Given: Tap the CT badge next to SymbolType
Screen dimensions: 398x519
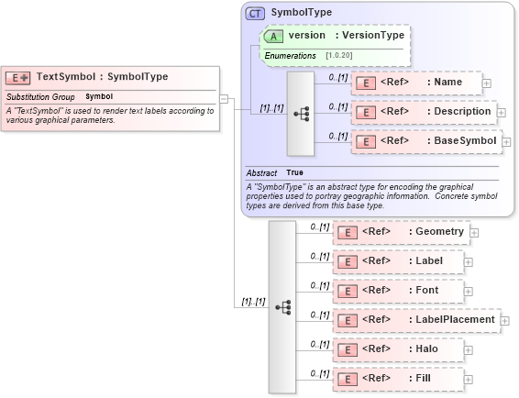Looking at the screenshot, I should [x=255, y=14].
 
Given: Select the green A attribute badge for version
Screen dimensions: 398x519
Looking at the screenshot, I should [x=273, y=36].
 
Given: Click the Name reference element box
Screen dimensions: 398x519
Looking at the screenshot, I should [x=416, y=82].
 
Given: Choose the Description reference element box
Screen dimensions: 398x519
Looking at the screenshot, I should [x=423, y=112].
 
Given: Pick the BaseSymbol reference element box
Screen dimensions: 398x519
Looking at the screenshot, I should [x=426, y=141].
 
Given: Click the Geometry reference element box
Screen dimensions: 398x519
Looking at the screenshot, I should [x=401, y=232].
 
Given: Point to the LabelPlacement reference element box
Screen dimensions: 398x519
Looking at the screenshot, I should [x=416, y=320].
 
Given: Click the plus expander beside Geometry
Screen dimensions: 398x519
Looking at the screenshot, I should [x=474, y=233].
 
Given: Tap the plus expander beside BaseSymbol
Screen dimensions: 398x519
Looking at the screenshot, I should [x=506, y=142].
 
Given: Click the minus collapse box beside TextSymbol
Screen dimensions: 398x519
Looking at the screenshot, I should [x=223, y=97].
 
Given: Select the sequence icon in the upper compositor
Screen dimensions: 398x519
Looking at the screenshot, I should [x=301, y=114].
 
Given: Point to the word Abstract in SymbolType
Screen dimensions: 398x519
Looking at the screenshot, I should [x=261, y=172].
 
